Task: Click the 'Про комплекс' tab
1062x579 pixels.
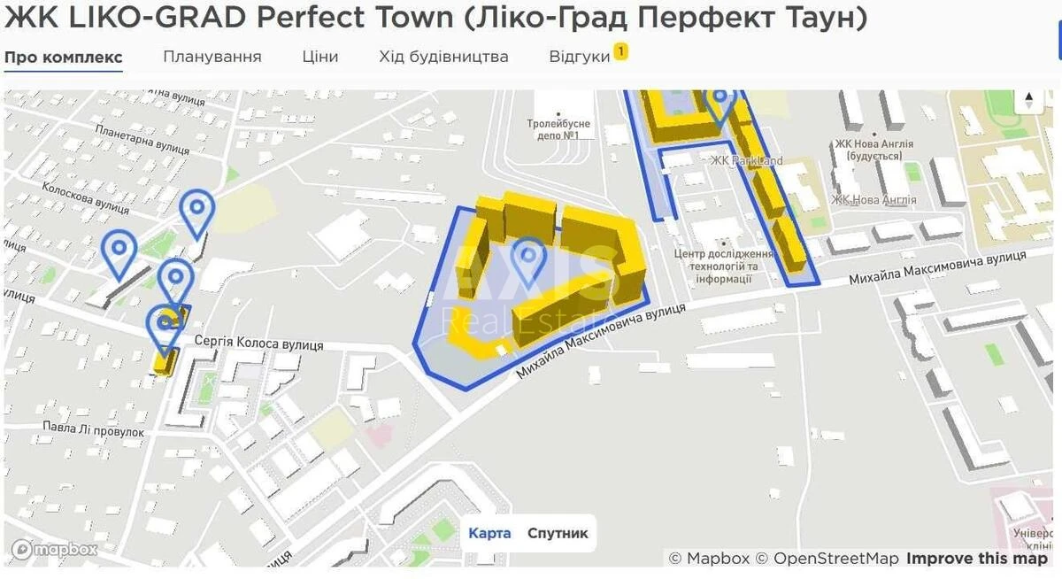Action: (x=63, y=57)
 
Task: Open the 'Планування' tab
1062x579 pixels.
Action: (x=212, y=57)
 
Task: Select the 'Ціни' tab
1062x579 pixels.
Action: (x=319, y=57)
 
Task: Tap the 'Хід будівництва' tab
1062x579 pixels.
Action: (x=443, y=57)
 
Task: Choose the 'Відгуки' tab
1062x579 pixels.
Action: (x=580, y=57)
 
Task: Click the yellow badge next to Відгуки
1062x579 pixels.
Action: (x=621, y=52)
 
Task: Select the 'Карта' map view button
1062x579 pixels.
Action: (x=489, y=533)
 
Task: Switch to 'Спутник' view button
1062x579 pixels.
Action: (x=558, y=533)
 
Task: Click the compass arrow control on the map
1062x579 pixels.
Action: (x=1028, y=100)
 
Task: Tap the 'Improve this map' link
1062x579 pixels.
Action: (x=976, y=559)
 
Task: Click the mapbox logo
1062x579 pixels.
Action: (x=55, y=550)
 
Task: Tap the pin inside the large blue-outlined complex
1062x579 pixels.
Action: (x=529, y=257)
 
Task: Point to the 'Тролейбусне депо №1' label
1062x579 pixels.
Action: (x=558, y=129)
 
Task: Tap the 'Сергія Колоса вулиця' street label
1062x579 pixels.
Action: (x=258, y=344)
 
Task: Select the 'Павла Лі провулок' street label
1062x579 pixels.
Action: (x=93, y=430)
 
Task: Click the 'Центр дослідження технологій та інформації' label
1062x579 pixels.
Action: (x=723, y=266)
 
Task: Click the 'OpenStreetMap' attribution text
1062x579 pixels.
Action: (x=836, y=559)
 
